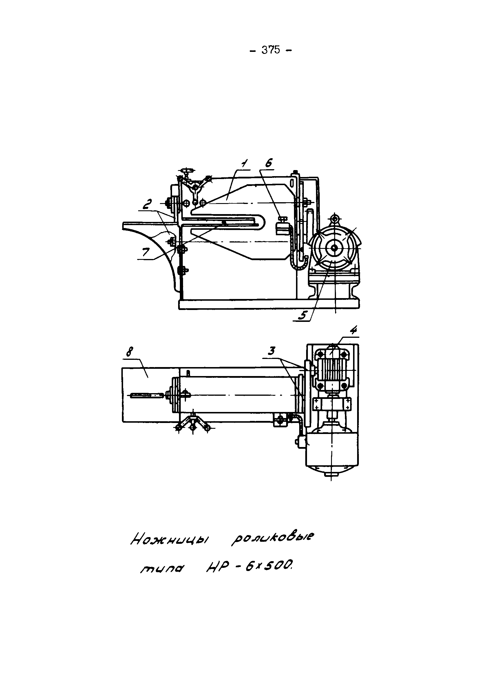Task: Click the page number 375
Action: pyautogui.click(x=271, y=50)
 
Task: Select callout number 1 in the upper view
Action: pyautogui.click(x=244, y=163)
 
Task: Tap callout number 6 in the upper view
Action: pyautogui.click(x=268, y=163)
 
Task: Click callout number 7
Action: pyautogui.click(x=146, y=252)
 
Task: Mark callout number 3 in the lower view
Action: pyautogui.click(x=271, y=351)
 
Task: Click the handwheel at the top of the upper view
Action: pyautogui.click(x=188, y=171)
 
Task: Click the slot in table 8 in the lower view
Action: pyautogui.click(x=147, y=396)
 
